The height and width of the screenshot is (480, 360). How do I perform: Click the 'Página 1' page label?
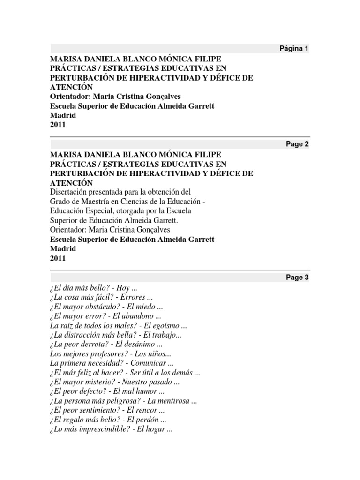294,49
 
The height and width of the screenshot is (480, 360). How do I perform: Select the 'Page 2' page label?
297,144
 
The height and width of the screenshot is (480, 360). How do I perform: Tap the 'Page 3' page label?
297,277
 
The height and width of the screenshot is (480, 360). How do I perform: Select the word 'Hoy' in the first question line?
126,287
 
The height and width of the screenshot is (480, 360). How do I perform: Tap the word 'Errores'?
140,297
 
